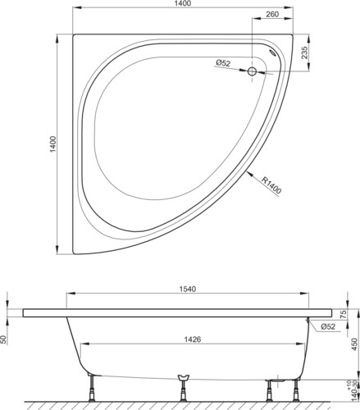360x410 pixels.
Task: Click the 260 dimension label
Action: point(272,14)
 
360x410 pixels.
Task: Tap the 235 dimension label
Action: point(304,52)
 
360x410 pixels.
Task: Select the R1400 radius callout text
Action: point(271,185)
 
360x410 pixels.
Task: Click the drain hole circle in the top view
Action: point(252,71)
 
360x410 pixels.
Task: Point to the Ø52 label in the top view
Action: point(223,63)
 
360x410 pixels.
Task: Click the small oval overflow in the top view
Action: point(273,52)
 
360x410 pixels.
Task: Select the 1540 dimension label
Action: point(188,289)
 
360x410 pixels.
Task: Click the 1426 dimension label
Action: point(193,339)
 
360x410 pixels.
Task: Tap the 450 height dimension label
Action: point(354,344)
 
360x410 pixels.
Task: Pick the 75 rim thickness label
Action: point(344,313)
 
